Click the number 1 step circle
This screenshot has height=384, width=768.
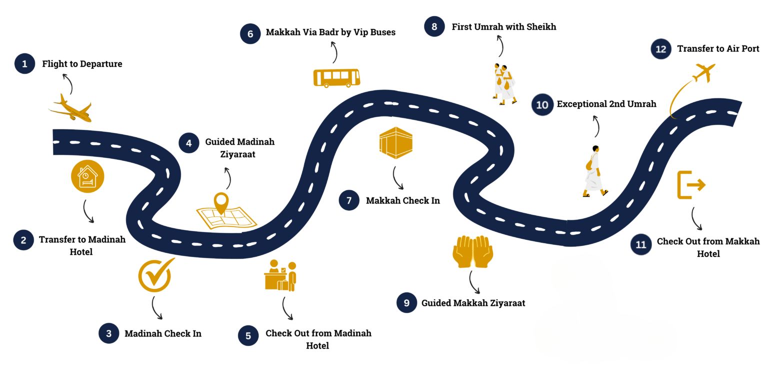point(24,64)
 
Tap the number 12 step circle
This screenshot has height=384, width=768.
point(661,49)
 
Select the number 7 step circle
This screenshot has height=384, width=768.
point(349,200)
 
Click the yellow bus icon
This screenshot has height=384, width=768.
point(336,78)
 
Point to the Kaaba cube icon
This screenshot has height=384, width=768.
point(396,143)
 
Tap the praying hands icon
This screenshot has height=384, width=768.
point(472,251)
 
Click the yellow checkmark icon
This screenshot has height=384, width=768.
point(155,274)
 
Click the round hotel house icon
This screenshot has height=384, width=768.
point(87,176)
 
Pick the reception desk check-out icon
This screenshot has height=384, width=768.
point(280,275)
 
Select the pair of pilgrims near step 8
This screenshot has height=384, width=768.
point(504,84)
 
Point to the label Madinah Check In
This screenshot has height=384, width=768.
point(162,333)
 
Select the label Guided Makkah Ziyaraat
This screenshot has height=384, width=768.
point(473,303)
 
